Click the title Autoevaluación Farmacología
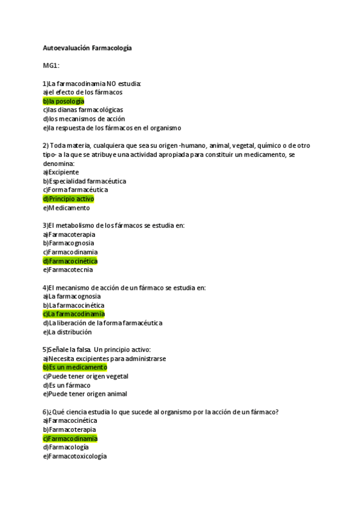[87, 48]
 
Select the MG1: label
[51, 66]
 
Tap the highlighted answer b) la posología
[63, 101]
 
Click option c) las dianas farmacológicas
[83, 110]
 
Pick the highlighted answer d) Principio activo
[68, 199]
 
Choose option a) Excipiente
[61, 172]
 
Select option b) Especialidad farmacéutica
[84, 181]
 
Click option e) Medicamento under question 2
[66, 208]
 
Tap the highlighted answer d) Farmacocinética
[70, 261]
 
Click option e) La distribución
[67, 332]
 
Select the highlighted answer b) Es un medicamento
[75, 367]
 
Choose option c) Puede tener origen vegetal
[85, 376]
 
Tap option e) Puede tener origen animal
[85, 394]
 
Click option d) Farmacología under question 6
[66, 447]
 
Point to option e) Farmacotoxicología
[75, 456]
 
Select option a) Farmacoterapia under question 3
[69, 235]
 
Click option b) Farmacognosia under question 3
[69, 244]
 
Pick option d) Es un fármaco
[66, 385]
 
